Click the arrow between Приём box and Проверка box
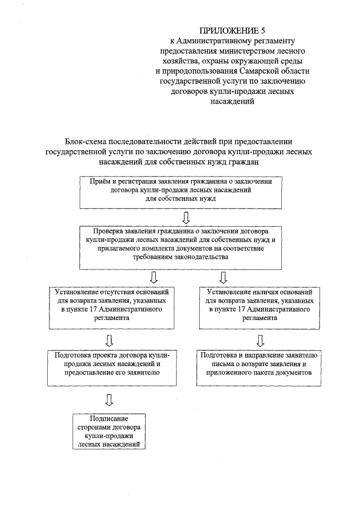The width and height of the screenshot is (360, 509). (x=186, y=217)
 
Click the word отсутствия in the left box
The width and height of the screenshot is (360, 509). (x=118, y=292)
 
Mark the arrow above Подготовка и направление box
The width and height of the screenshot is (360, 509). (x=260, y=340)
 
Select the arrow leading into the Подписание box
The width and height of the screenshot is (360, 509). (x=109, y=400)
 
